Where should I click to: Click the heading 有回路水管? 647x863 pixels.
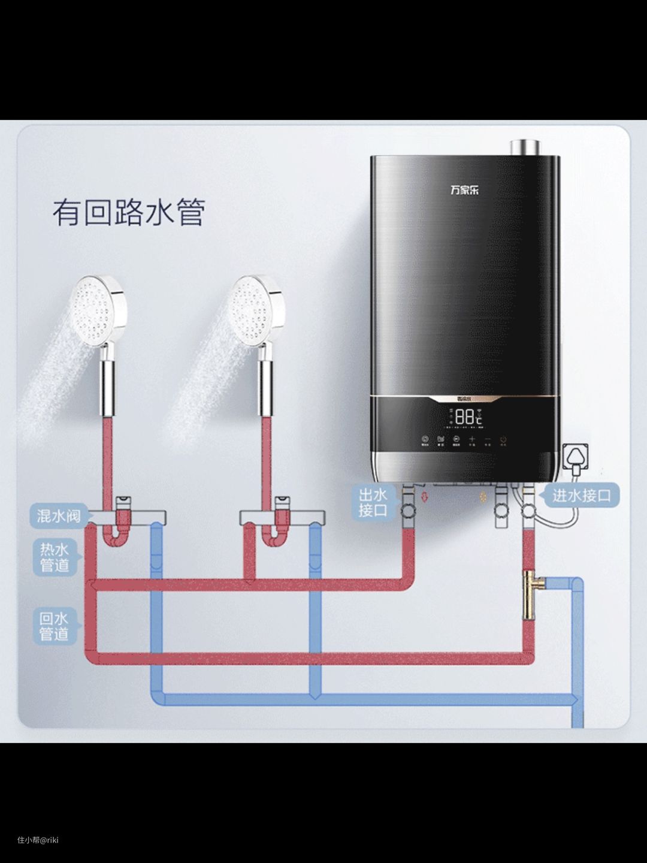pyautogui.click(x=129, y=213)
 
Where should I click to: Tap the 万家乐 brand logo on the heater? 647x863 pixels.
pyautogui.click(x=464, y=190)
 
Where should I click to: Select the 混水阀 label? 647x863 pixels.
pyautogui.click(x=58, y=515)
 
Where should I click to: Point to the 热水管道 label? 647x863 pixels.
pyautogui.click(x=55, y=557)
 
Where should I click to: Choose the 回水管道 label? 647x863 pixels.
pyautogui.click(x=55, y=626)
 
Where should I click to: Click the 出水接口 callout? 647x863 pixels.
pyautogui.click(x=373, y=502)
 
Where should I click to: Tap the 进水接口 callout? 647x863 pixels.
pyautogui.click(x=581, y=496)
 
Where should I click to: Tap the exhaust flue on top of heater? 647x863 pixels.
pyautogui.click(x=525, y=147)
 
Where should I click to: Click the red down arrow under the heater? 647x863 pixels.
pyautogui.click(x=427, y=497)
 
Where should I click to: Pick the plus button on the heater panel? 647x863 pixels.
pyautogui.click(x=471, y=439)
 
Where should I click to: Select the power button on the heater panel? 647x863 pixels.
pyautogui.click(x=504, y=439)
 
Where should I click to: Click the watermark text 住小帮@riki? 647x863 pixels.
pyautogui.click(x=38, y=840)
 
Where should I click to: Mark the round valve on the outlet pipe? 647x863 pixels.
pyautogui.click(x=410, y=511)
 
